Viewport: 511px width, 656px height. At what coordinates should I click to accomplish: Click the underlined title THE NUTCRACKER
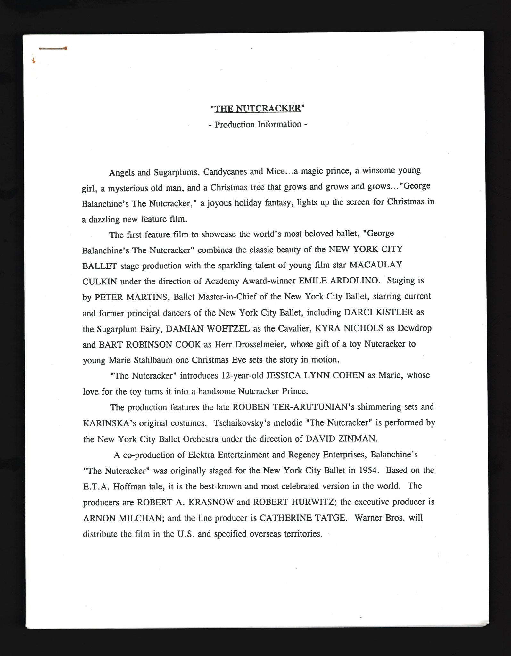258,109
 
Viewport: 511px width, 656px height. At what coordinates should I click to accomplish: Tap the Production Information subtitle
258,124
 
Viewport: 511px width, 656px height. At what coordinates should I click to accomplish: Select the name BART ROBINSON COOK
150,344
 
